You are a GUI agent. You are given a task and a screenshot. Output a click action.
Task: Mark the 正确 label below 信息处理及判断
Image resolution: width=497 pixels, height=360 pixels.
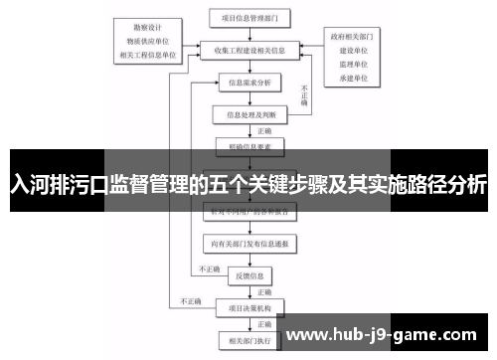pyautogui.click(x=264, y=130)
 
